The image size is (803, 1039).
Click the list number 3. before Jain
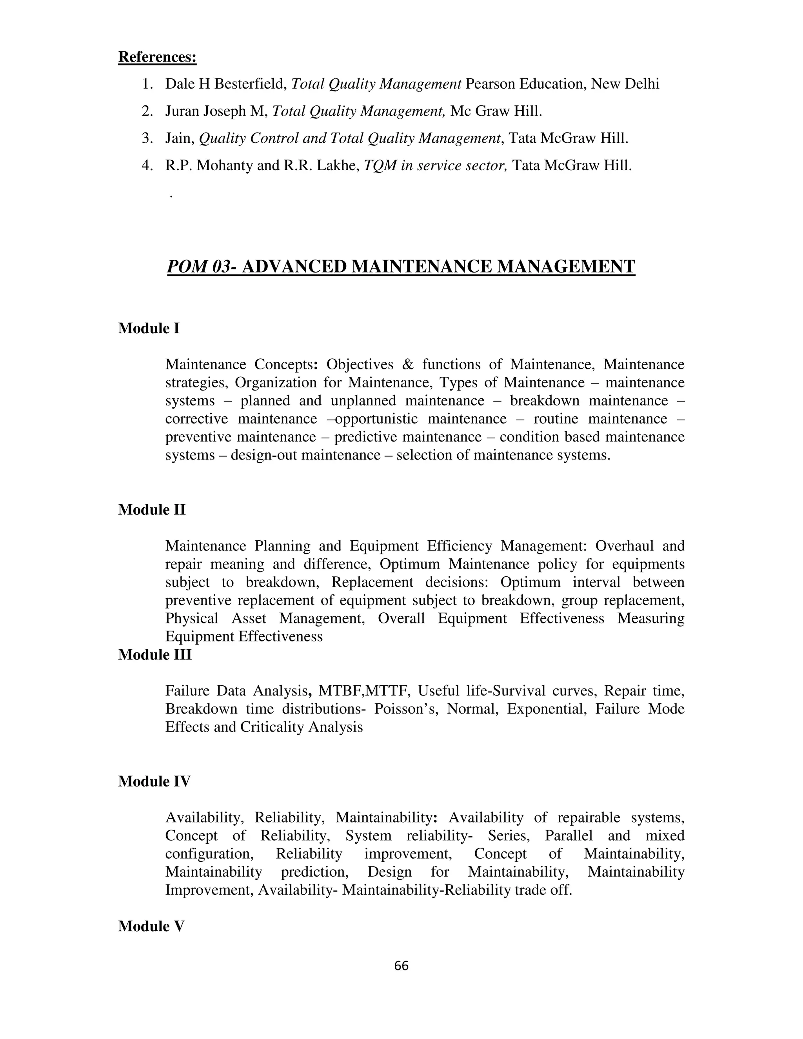click(x=147, y=138)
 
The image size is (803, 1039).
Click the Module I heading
click(x=149, y=328)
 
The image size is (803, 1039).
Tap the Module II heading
click(x=152, y=510)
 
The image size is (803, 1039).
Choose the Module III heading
click(x=154, y=655)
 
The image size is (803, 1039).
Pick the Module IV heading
click(x=154, y=781)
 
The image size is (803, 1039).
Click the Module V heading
click(x=151, y=926)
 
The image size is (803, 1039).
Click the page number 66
click(x=401, y=966)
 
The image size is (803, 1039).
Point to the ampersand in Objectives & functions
click(x=408, y=364)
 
